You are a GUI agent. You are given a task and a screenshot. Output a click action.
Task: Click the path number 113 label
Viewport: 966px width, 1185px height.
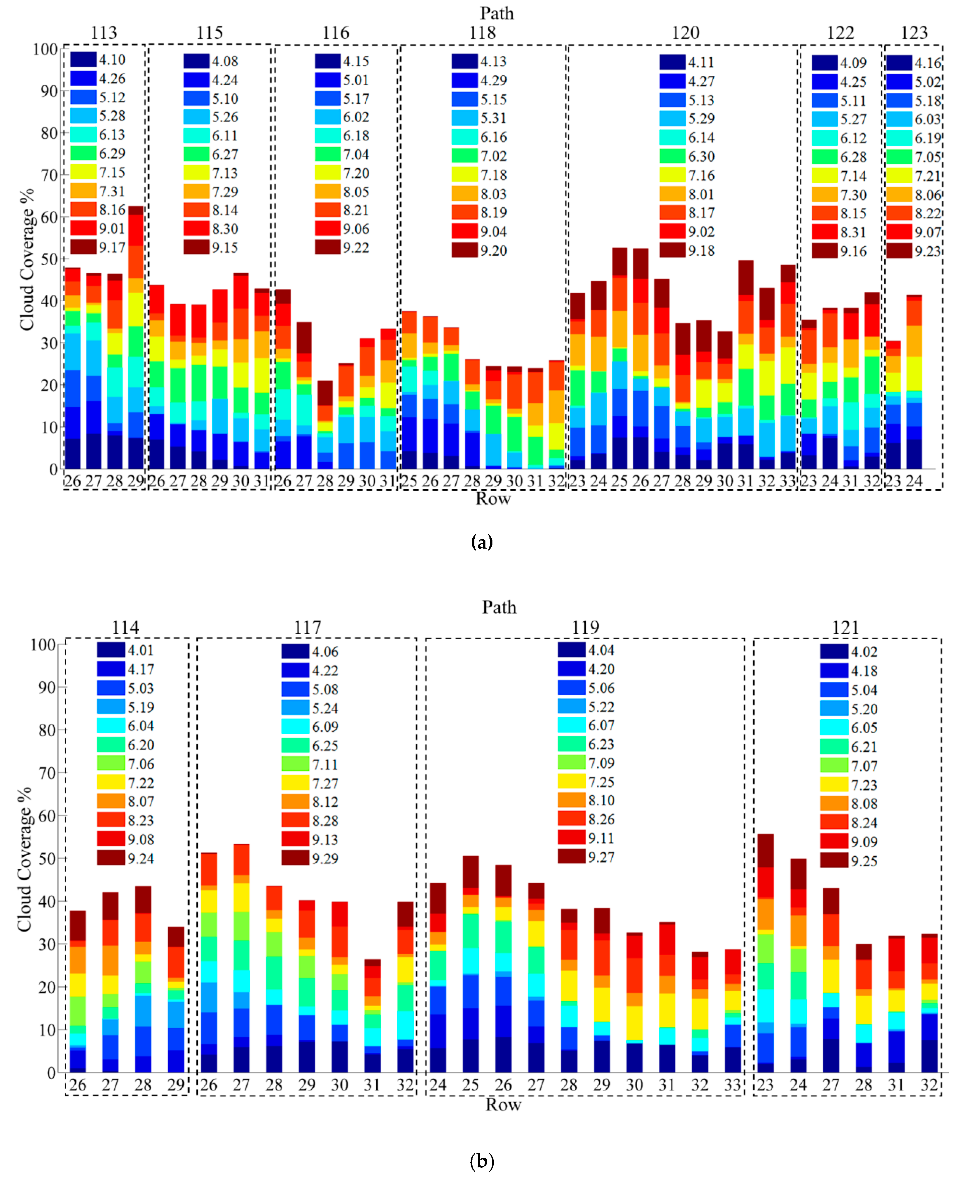pos(104,33)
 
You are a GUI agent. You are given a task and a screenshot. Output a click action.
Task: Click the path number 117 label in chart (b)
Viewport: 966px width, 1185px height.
pos(307,628)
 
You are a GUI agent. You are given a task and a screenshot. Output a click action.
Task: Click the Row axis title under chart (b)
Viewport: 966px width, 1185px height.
pos(503,1104)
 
